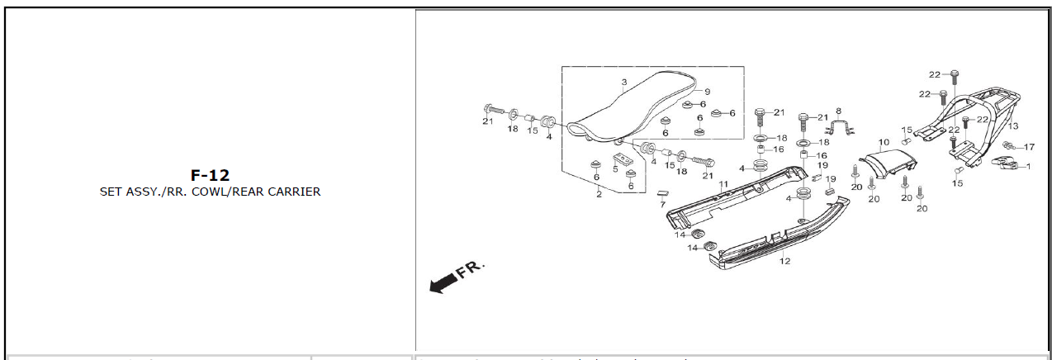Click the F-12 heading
point(210,175)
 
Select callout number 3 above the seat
point(624,83)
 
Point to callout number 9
point(707,92)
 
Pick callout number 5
point(616,169)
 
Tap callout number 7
point(661,203)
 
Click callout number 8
point(838,111)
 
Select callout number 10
point(884,142)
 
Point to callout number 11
point(723,183)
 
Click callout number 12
point(784,261)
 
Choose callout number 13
point(1013,126)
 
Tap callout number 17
point(1029,147)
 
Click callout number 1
point(1027,166)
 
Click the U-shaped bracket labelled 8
point(839,127)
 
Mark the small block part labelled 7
point(661,193)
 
